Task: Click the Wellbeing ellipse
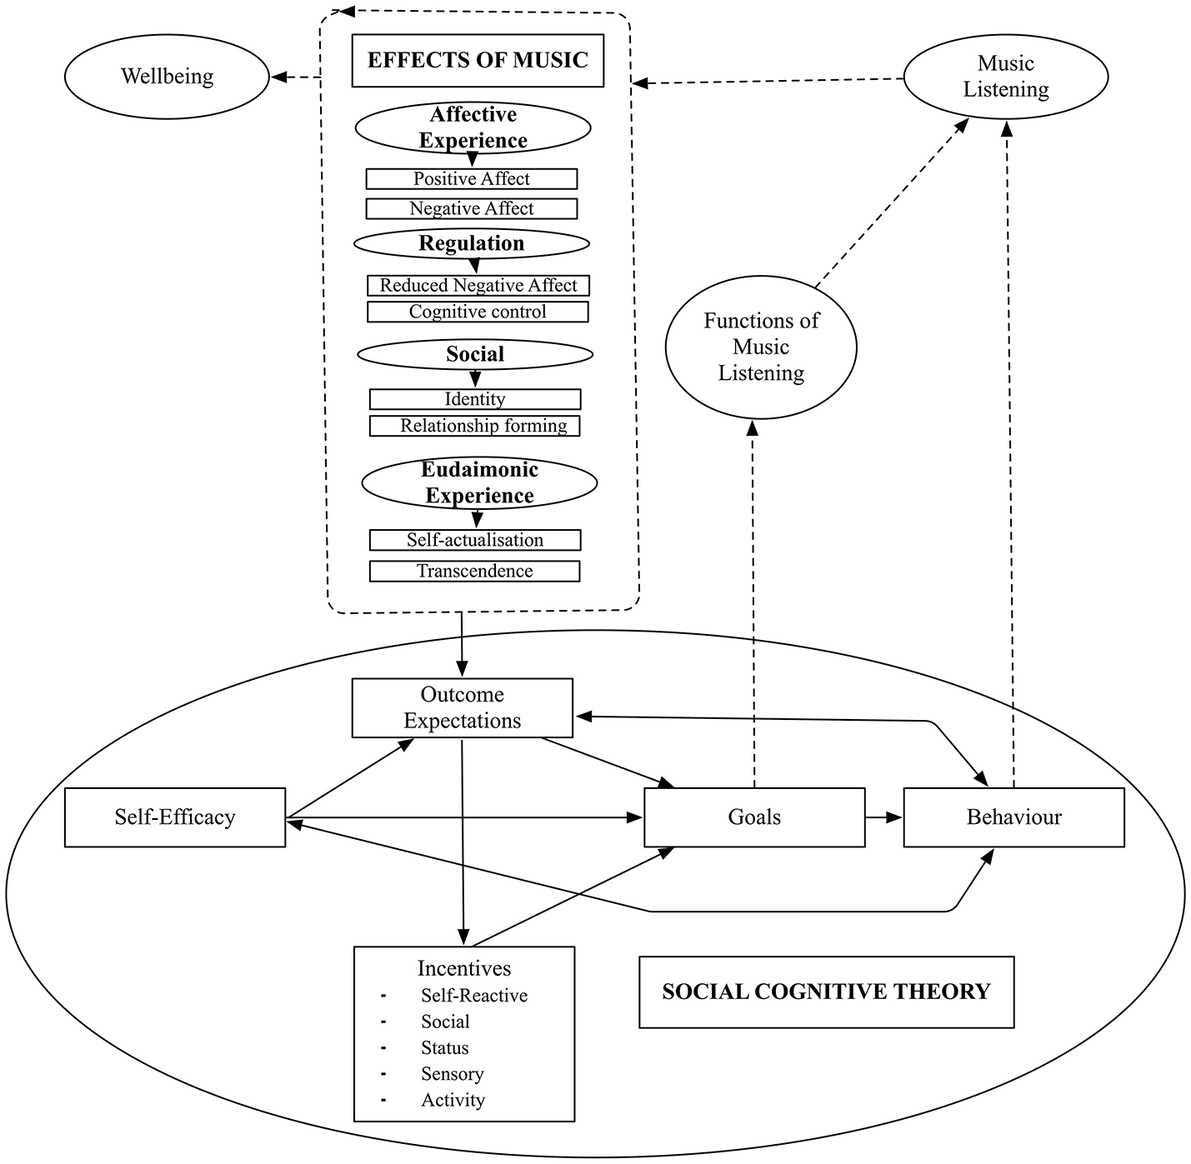167,77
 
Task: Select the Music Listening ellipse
1005,77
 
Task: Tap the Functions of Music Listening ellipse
761,347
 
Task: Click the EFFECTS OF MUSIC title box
478,61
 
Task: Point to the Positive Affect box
472,179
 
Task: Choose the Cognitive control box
478,312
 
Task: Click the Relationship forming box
475,426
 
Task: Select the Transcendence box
474,571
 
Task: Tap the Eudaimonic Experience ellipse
479,482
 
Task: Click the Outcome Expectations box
463,708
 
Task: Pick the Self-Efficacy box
175,817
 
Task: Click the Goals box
754,817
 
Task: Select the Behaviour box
1013,817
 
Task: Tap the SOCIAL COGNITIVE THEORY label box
826,992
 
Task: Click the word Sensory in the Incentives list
452,1074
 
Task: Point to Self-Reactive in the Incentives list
473,996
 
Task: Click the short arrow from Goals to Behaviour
883,817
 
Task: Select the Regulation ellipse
472,243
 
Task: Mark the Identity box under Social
475,399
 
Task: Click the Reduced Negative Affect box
478,286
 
